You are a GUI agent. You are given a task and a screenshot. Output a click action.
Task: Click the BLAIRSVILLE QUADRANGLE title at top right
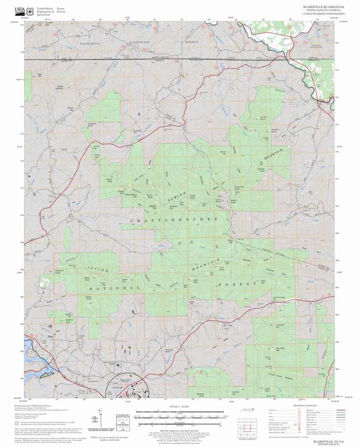[324, 7]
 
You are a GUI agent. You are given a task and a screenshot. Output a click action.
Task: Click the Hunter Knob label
[263, 118]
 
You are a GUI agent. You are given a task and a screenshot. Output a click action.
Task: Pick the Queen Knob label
[89, 298]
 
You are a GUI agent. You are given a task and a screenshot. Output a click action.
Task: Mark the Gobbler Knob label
[261, 170]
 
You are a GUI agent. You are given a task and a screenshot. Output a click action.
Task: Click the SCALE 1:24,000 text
[180, 406]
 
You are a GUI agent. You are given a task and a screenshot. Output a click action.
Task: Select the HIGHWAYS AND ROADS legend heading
[304, 406]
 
